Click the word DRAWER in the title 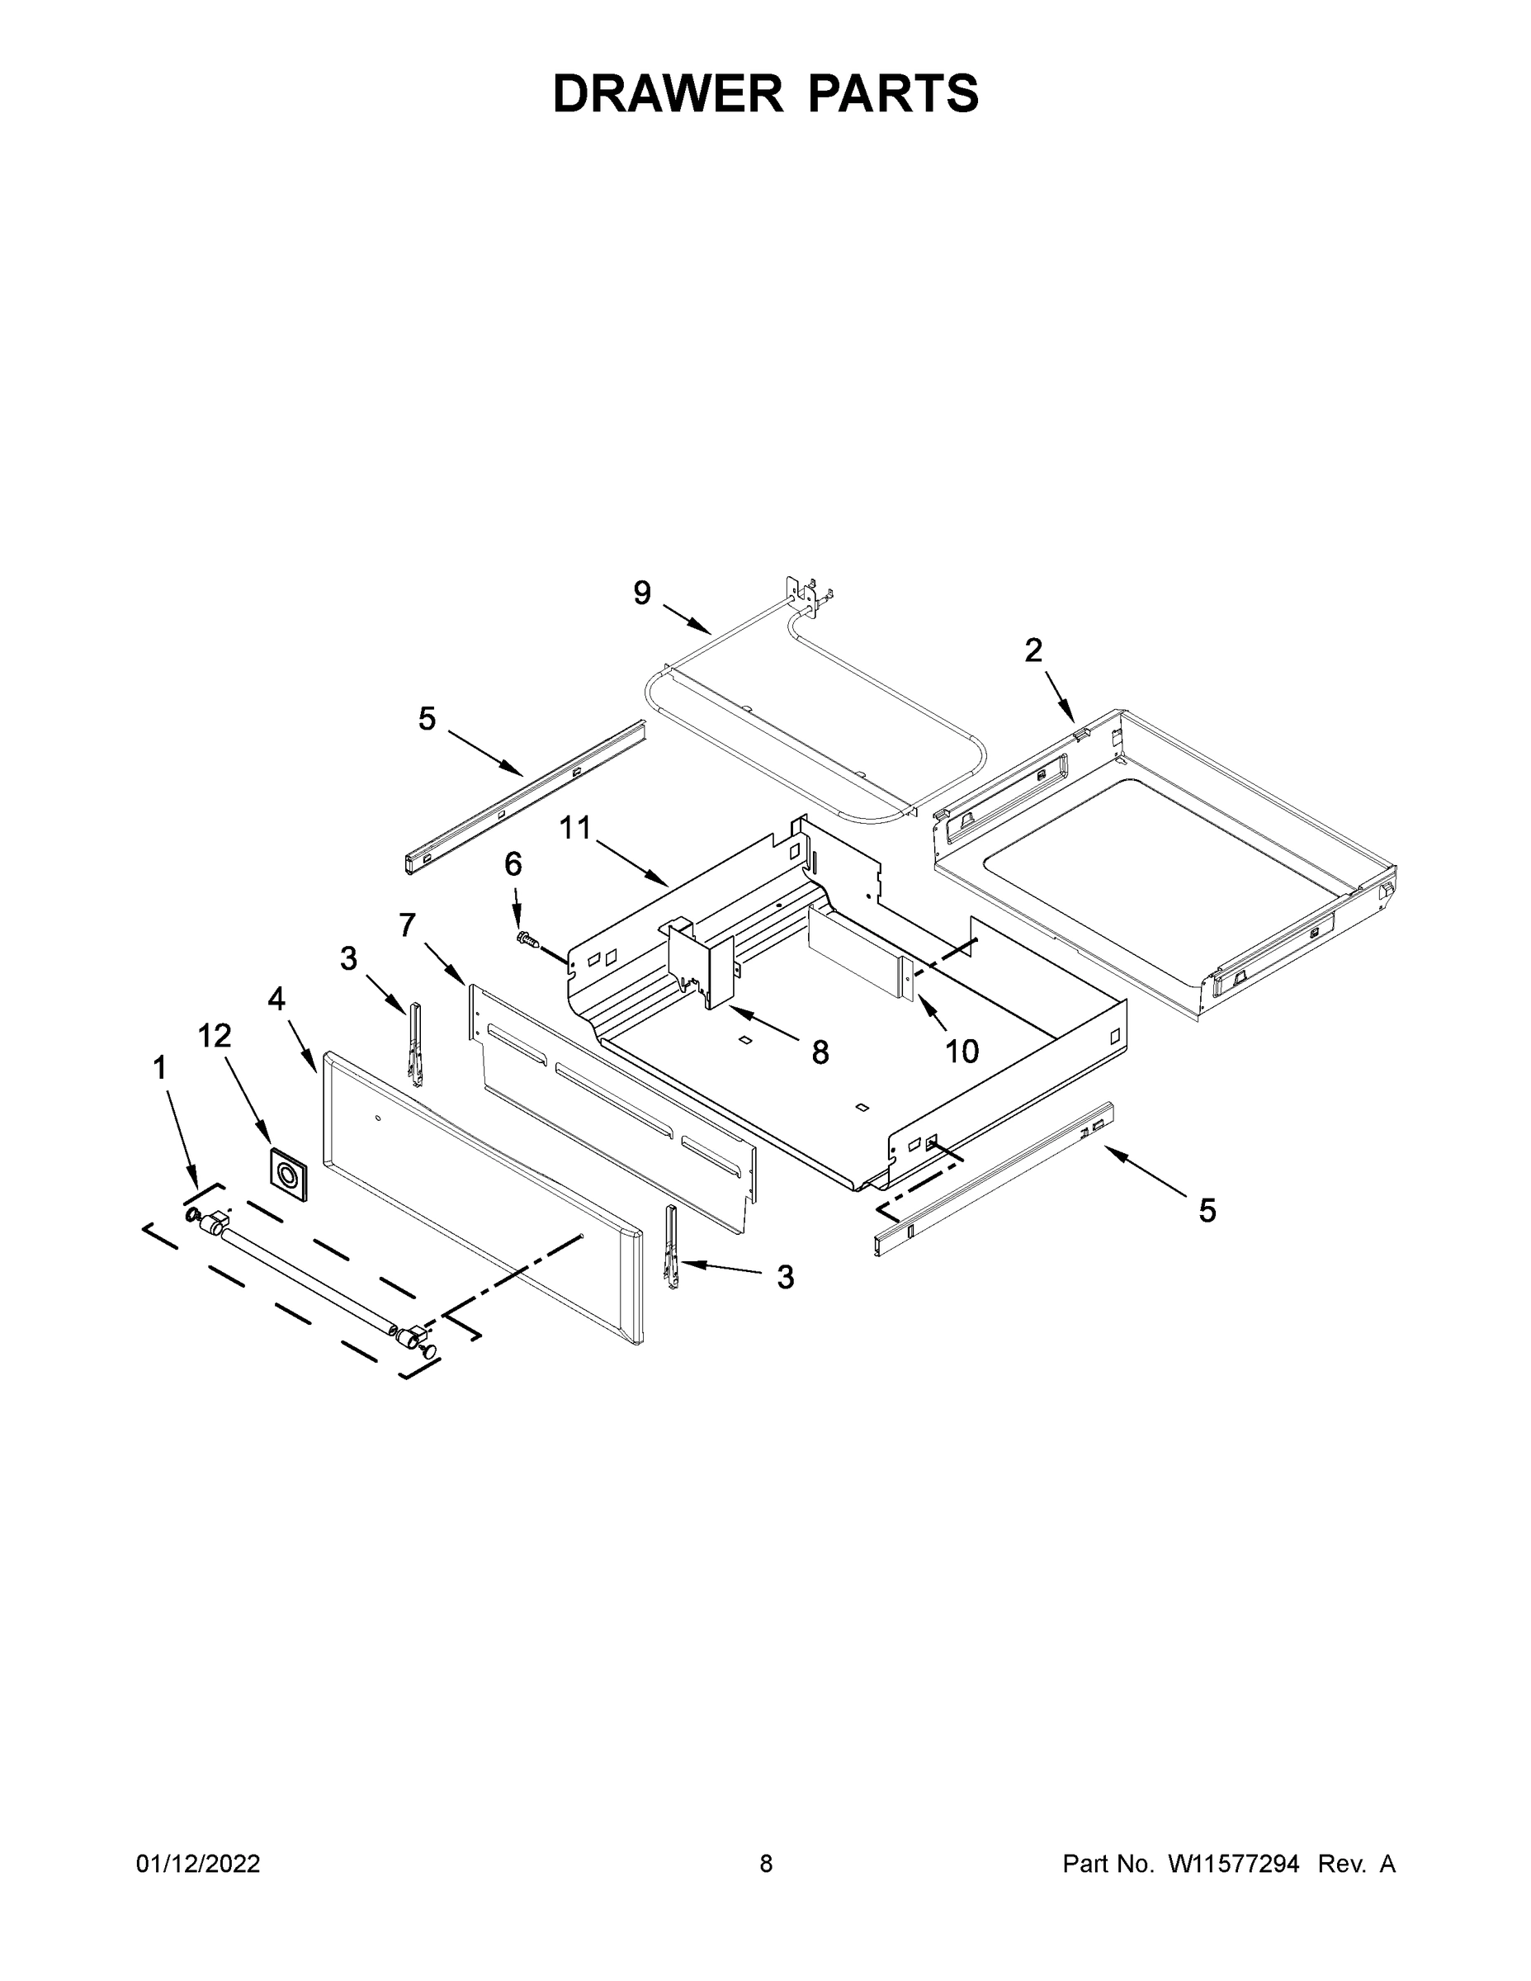click(x=668, y=94)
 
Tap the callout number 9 click(x=641, y=593)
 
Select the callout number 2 click(x=1033, y=650)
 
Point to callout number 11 click(x=575, y=827)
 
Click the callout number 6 click(x=513, y=863)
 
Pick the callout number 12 click(x=215, y=1035)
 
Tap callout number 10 click(x=962, y=1052)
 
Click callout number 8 click(x=820, y=1052)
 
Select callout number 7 click(x=407, y=925)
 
